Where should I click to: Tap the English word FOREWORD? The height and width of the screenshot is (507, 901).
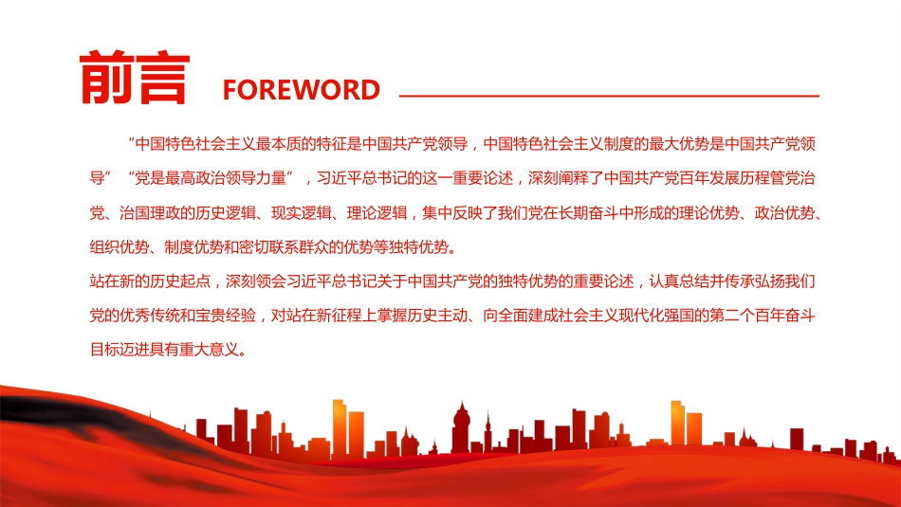[x=301, y=90]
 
